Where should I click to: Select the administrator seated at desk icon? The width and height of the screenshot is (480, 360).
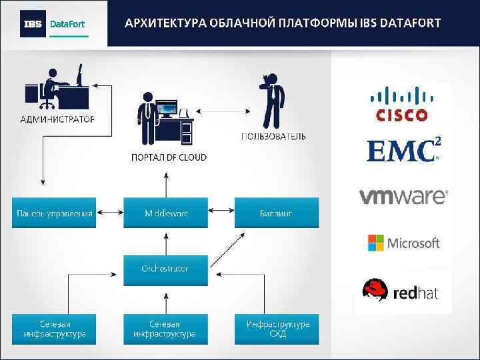tap(56, 87)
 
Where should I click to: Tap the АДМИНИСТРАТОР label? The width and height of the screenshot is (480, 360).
tap(57, 119)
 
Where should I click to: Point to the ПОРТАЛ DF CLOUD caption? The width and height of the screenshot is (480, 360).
tap(169, 157)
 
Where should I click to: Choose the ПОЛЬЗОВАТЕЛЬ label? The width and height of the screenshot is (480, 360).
tap(273, 137)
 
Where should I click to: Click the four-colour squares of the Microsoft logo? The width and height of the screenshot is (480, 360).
tap(376, 243)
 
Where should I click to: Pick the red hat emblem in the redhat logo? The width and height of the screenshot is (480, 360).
tap(375, 290)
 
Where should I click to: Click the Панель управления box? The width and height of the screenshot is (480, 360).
tap(53, 213)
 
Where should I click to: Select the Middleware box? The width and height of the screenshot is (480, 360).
tap(165, 213)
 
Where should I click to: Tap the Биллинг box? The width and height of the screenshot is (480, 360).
tap(276, 213)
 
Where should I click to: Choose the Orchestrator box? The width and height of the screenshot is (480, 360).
tap(165, 269)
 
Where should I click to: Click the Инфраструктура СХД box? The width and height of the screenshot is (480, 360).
tap(276, 329)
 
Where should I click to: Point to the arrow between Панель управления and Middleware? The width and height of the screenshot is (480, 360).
tap(109, 213)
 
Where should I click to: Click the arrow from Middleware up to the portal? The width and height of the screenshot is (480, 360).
tap(165, 183)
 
